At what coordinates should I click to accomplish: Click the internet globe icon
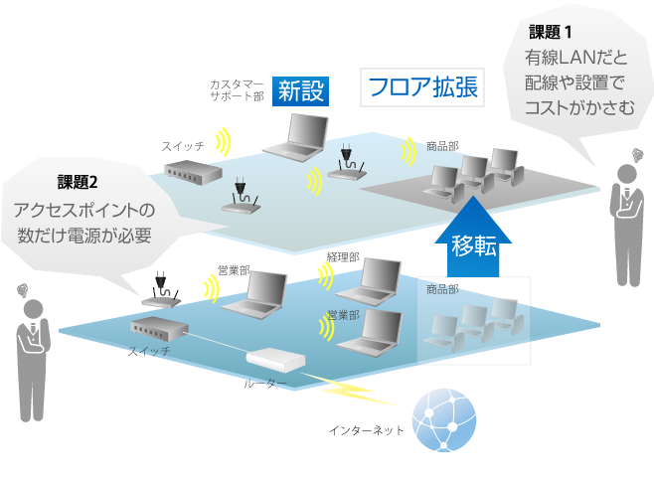click(x=444, y=420)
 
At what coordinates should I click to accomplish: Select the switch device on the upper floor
click(x=193, y=173)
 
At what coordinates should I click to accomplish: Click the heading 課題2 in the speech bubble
click(x=80, y=182)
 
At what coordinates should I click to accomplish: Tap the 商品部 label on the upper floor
click(x=442, y=145)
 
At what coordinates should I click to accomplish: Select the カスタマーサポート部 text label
click(x=236, y=89)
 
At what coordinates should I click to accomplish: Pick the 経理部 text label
click(x=342, y=256)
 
